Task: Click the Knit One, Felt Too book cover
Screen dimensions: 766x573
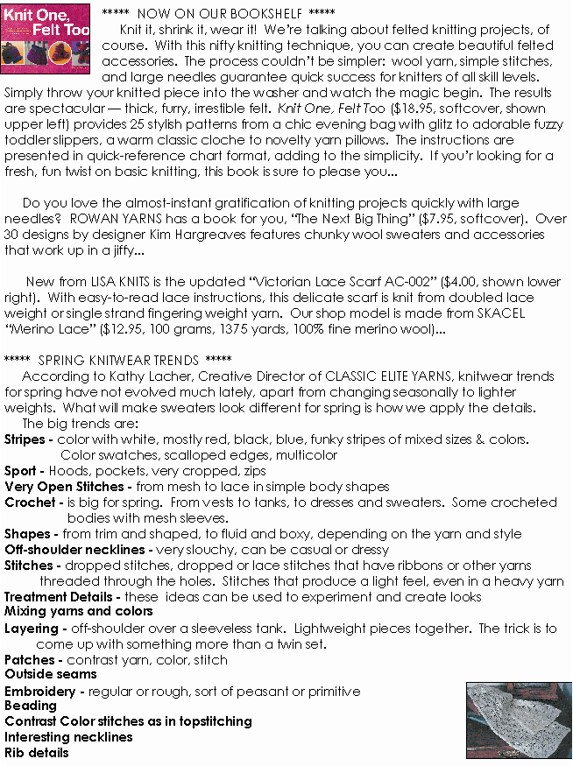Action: (47, 39)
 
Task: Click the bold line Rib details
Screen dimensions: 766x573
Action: (37, 752)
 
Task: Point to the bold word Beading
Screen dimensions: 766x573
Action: (30, 706)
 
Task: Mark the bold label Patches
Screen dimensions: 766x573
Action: (29, 659)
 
